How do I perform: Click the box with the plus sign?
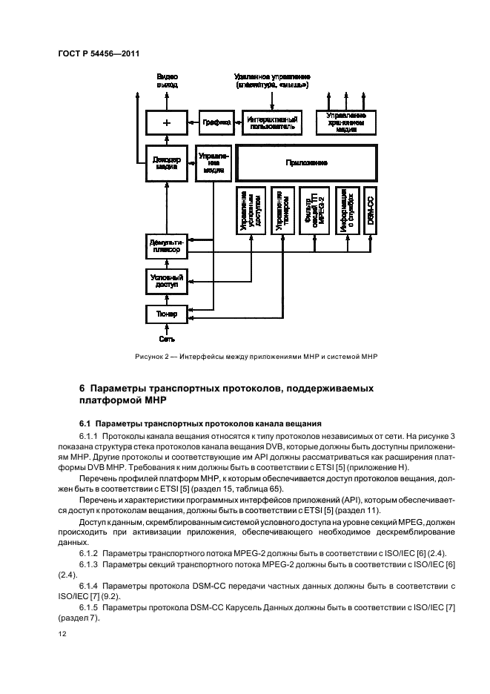(x=167, y=122)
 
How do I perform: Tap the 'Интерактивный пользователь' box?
(x=273, y=122)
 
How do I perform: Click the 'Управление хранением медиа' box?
(x=346, y=122)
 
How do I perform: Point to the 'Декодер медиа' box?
(x=167, y=163)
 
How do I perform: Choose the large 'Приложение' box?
(x=305, y=162)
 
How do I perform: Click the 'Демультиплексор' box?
(x=166, y=246)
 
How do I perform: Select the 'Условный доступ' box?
(x=166, y=282)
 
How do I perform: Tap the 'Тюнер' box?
(x=166, y=314)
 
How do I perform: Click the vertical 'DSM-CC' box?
(x=370, y=211)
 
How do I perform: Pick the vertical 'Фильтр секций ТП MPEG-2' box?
(x=311, y=211)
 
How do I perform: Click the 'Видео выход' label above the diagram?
(x=167, y=81)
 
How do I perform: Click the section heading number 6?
(x=82, y=388)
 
